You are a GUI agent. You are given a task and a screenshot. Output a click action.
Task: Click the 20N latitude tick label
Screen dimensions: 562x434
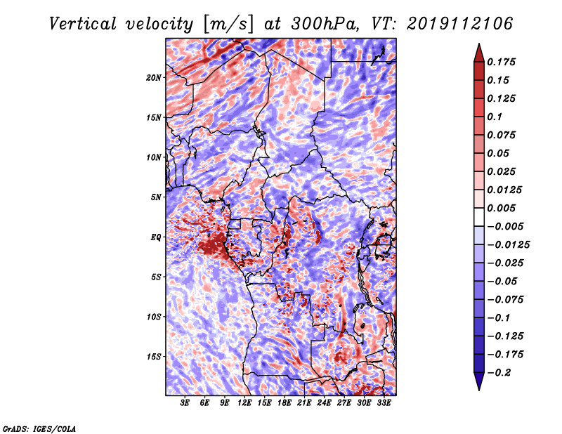click(154, 78)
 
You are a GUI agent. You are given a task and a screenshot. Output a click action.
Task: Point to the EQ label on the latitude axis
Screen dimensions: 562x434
click(156, 237)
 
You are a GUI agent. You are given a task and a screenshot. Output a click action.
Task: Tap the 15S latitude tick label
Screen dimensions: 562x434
click(154, 357)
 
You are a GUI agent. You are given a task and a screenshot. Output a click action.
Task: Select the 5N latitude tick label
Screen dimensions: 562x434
click(156, 197)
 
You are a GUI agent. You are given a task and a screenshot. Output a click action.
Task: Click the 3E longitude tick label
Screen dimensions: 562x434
click(185, 402)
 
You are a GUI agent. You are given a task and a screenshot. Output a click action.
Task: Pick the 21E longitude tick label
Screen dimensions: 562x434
click(304, 402)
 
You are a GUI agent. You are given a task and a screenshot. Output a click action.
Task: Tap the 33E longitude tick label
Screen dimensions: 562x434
click(384, 402)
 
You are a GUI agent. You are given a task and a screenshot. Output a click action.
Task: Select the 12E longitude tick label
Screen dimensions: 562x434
click(244, 402)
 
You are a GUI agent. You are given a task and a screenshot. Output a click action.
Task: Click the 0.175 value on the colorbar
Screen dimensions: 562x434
click(501, 62)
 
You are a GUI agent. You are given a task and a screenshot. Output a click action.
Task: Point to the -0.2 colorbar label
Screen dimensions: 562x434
click(499, 373)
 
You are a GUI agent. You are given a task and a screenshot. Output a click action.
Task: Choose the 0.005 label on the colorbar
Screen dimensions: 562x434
click(501, 208)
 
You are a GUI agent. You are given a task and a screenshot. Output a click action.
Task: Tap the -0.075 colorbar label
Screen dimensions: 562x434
click(505, 300)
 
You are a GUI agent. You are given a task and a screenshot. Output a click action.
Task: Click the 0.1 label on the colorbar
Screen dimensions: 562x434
click(495, 117)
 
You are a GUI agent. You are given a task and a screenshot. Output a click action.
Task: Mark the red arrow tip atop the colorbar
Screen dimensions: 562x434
click(479, 44)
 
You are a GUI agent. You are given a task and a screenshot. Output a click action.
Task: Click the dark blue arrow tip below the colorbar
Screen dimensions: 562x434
click(479, 390)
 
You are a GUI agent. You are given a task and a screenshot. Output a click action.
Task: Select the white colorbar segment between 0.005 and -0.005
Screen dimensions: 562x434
click(479, 217)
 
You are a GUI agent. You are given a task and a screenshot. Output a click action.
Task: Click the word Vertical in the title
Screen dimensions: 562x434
click(83, 24)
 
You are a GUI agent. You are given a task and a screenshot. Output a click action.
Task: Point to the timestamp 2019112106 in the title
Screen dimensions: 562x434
click(459, 24)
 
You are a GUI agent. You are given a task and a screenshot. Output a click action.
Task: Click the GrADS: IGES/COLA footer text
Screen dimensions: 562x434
click(39, 429)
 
